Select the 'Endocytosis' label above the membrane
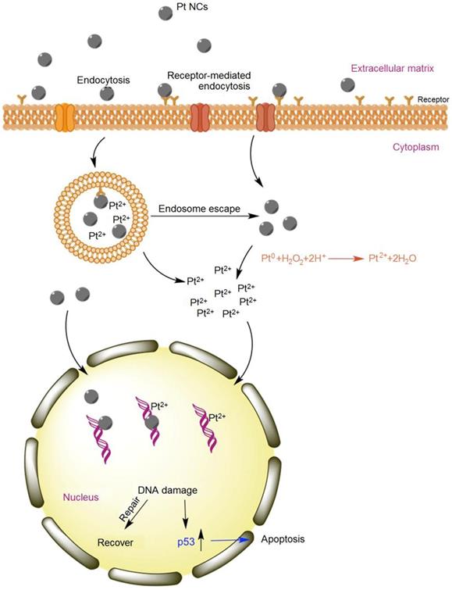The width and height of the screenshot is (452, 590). click(x=101, y=79)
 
